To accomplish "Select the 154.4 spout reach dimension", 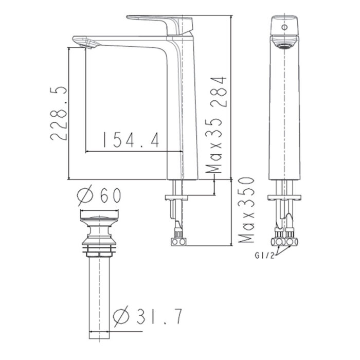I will click(131, 140).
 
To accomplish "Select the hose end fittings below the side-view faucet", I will click(178, 241).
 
